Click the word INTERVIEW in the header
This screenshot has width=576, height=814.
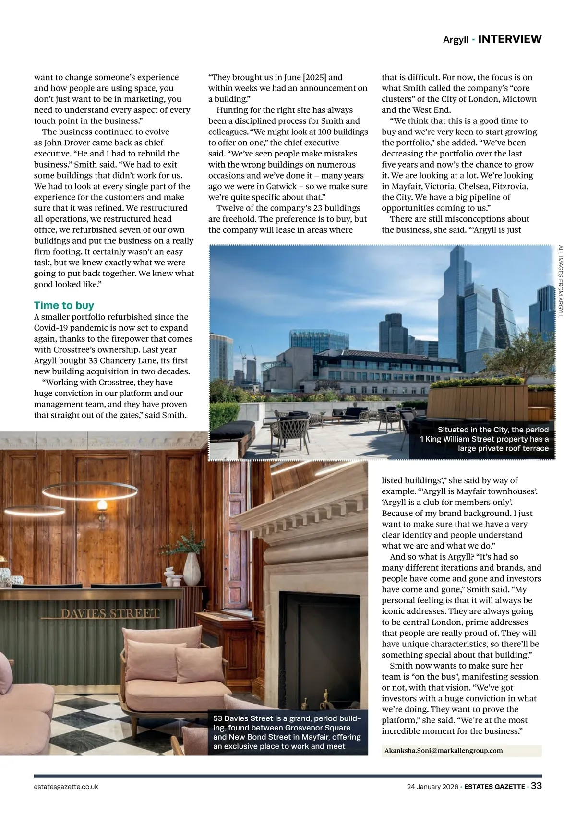510,39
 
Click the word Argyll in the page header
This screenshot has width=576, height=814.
456,40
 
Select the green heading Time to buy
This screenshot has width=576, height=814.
64,305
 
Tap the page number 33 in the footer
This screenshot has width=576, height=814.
536,786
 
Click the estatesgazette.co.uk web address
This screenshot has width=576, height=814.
66,787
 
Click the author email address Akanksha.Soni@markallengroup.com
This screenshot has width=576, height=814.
444,751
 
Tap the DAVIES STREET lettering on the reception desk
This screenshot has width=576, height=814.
110,614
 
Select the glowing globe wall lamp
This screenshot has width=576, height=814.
102,505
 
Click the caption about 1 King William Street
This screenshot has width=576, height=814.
492,439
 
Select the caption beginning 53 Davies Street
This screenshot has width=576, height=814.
287,732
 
